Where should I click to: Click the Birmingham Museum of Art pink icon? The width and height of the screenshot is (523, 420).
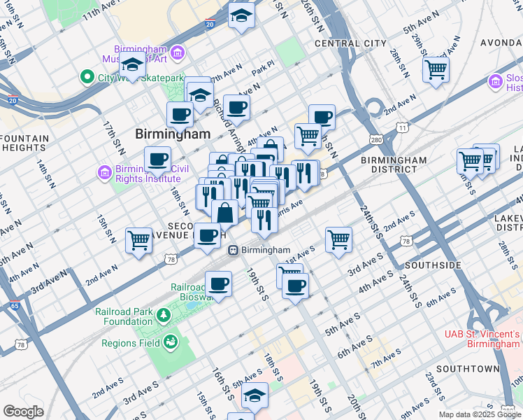pos(178,52)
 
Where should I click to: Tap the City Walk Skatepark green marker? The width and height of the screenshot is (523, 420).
pos(88,76)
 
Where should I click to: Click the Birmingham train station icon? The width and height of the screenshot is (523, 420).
pos(234,250)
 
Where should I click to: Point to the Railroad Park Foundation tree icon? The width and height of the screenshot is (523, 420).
pos(163,316)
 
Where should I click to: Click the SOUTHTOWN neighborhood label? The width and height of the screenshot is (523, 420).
pos(468,368)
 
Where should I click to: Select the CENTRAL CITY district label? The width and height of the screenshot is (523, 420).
pos(350,43)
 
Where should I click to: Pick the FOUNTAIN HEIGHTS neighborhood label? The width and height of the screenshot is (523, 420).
pos(24,143)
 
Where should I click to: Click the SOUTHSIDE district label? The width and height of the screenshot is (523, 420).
pos(433,265)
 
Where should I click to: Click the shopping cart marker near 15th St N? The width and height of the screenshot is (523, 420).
pos(138,239)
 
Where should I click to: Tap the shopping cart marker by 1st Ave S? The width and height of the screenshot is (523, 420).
pos(338,239)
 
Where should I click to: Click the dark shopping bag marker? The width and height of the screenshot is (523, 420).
pos(225,212)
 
